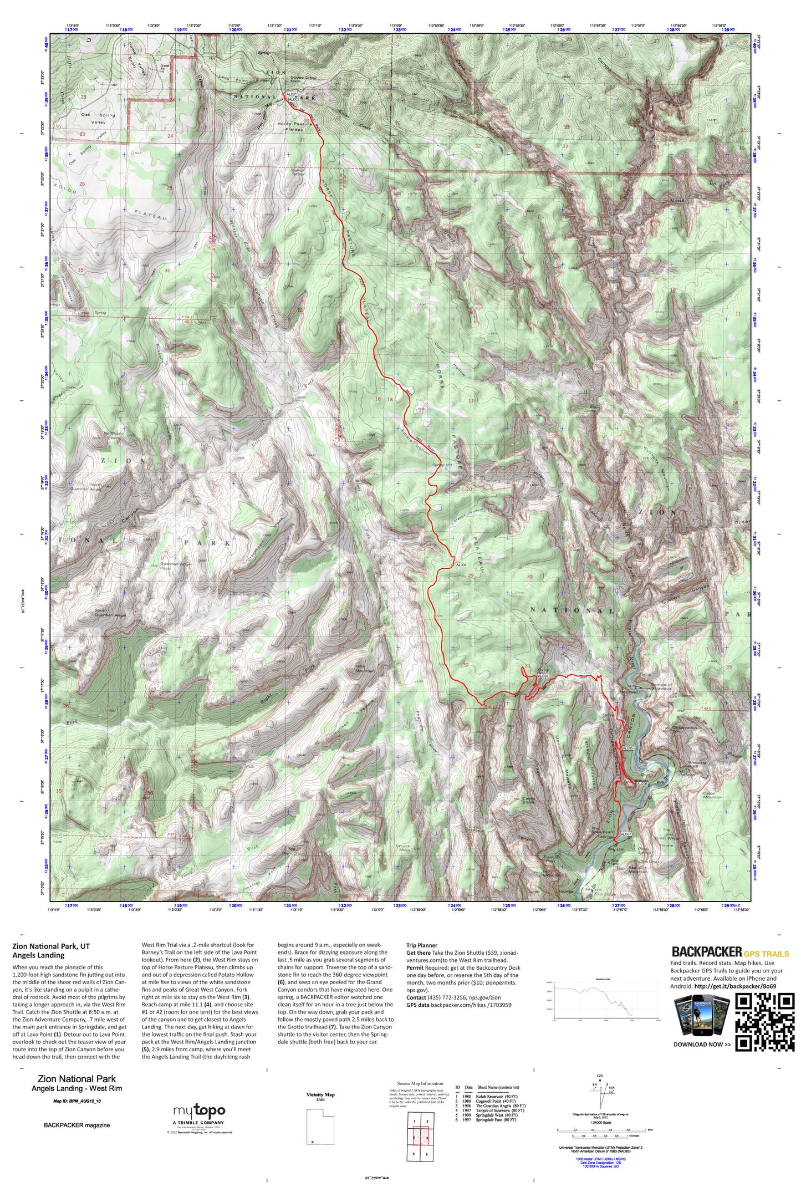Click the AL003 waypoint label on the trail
(461, 565)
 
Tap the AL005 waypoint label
(627, 748)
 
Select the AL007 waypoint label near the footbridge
(626, 834)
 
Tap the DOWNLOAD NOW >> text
(702, 1045)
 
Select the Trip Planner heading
(421, 945)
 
